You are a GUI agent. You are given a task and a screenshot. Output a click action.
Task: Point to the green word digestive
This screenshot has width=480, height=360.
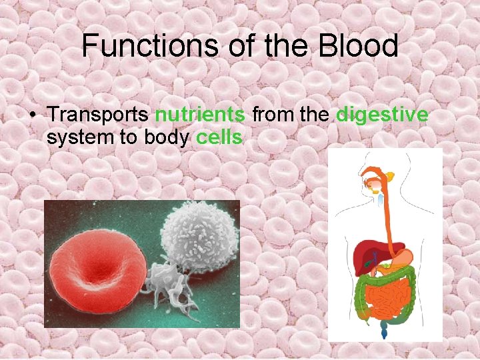(382, 115)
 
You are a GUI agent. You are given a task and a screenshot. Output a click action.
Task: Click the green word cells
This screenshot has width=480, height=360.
(219, 138)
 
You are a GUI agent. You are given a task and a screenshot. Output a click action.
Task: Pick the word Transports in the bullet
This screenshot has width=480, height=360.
(98, 115)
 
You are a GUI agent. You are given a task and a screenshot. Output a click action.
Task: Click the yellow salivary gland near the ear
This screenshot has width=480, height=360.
(389, 177)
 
